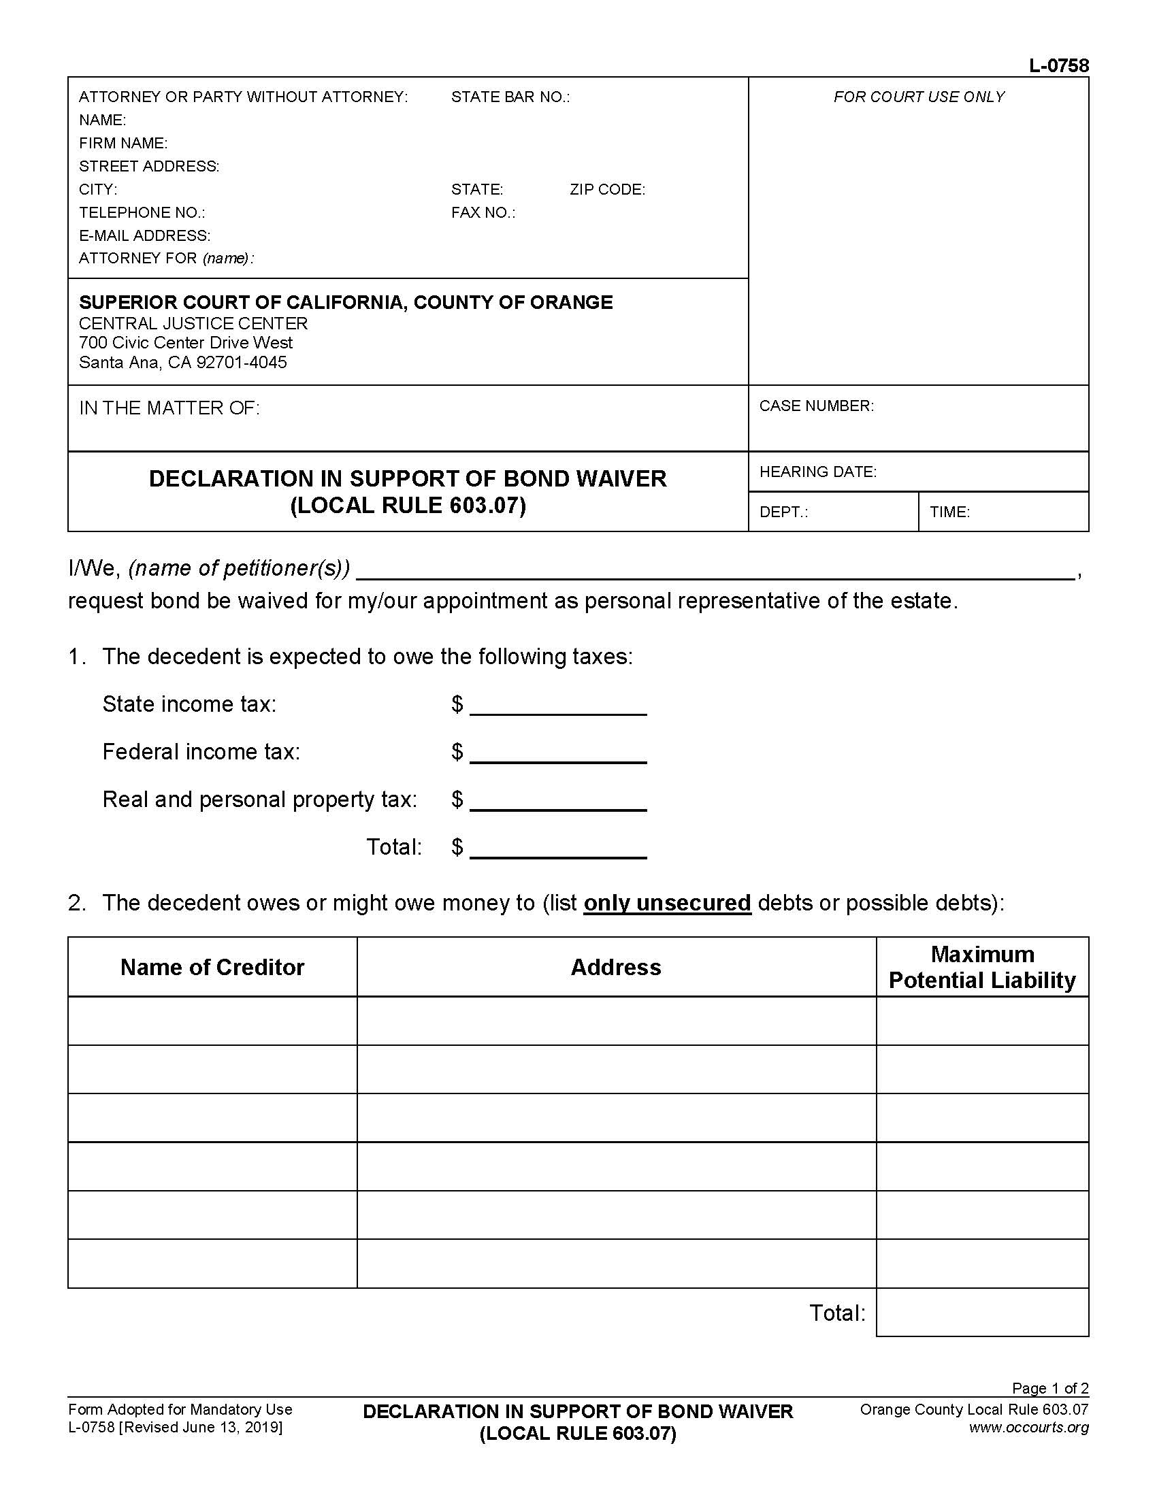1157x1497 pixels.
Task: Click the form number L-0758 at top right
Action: [x=1058, y=66]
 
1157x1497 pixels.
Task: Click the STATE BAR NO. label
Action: [x=510, y=97]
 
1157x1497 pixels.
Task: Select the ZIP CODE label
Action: [x=607, y=190]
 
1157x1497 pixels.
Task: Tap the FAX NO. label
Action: [x=483, y=212]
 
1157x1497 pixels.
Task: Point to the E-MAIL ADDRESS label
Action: [x=144, y=236]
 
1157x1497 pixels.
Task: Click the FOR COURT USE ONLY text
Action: [x=919, y=97]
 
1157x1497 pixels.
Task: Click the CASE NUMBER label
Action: [x=816, y=406]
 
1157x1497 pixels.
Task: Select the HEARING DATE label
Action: [x=817, y=472]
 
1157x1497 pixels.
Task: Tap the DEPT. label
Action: [x=783, y=512]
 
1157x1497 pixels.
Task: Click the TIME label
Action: [x=949, y=512]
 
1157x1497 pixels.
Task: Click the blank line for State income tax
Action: [x=558, y=706]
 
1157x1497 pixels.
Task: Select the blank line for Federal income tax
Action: [x=558, y=754]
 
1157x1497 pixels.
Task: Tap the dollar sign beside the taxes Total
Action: [x=457, y=847]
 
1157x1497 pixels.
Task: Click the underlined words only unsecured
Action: [x=667, y=903]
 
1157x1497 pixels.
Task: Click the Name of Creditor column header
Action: [x=212, y=967]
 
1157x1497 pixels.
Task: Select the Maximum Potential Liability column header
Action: [x=981, y=967]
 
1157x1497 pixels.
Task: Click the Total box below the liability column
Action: [x=981, y=1313]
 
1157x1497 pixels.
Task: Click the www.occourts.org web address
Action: [x=1028, y=1427]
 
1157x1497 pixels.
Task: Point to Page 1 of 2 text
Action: [x=1050, y=1388]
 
